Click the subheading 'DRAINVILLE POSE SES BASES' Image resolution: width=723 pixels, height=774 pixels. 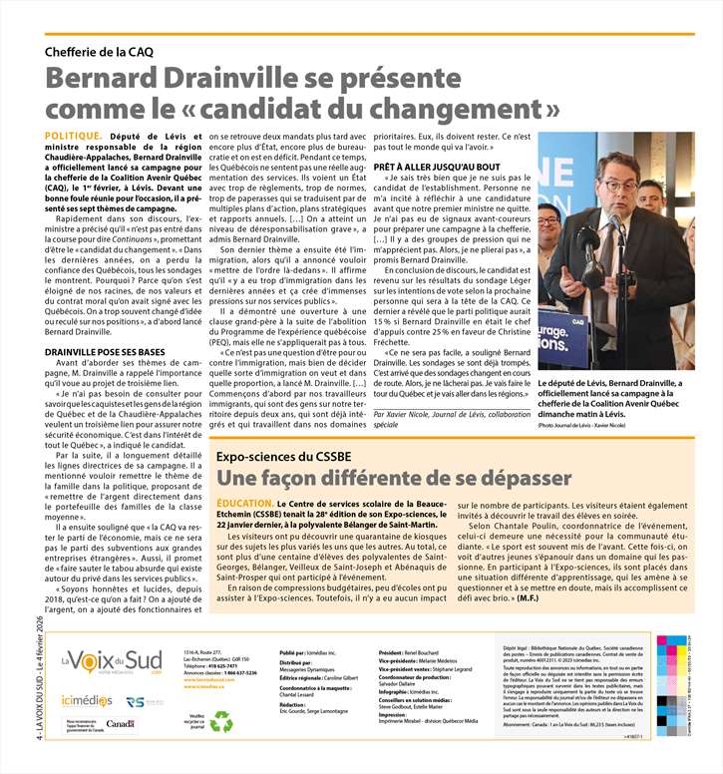[x=105, y=352]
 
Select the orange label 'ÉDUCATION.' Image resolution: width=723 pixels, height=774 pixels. [x=243, y=505]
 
